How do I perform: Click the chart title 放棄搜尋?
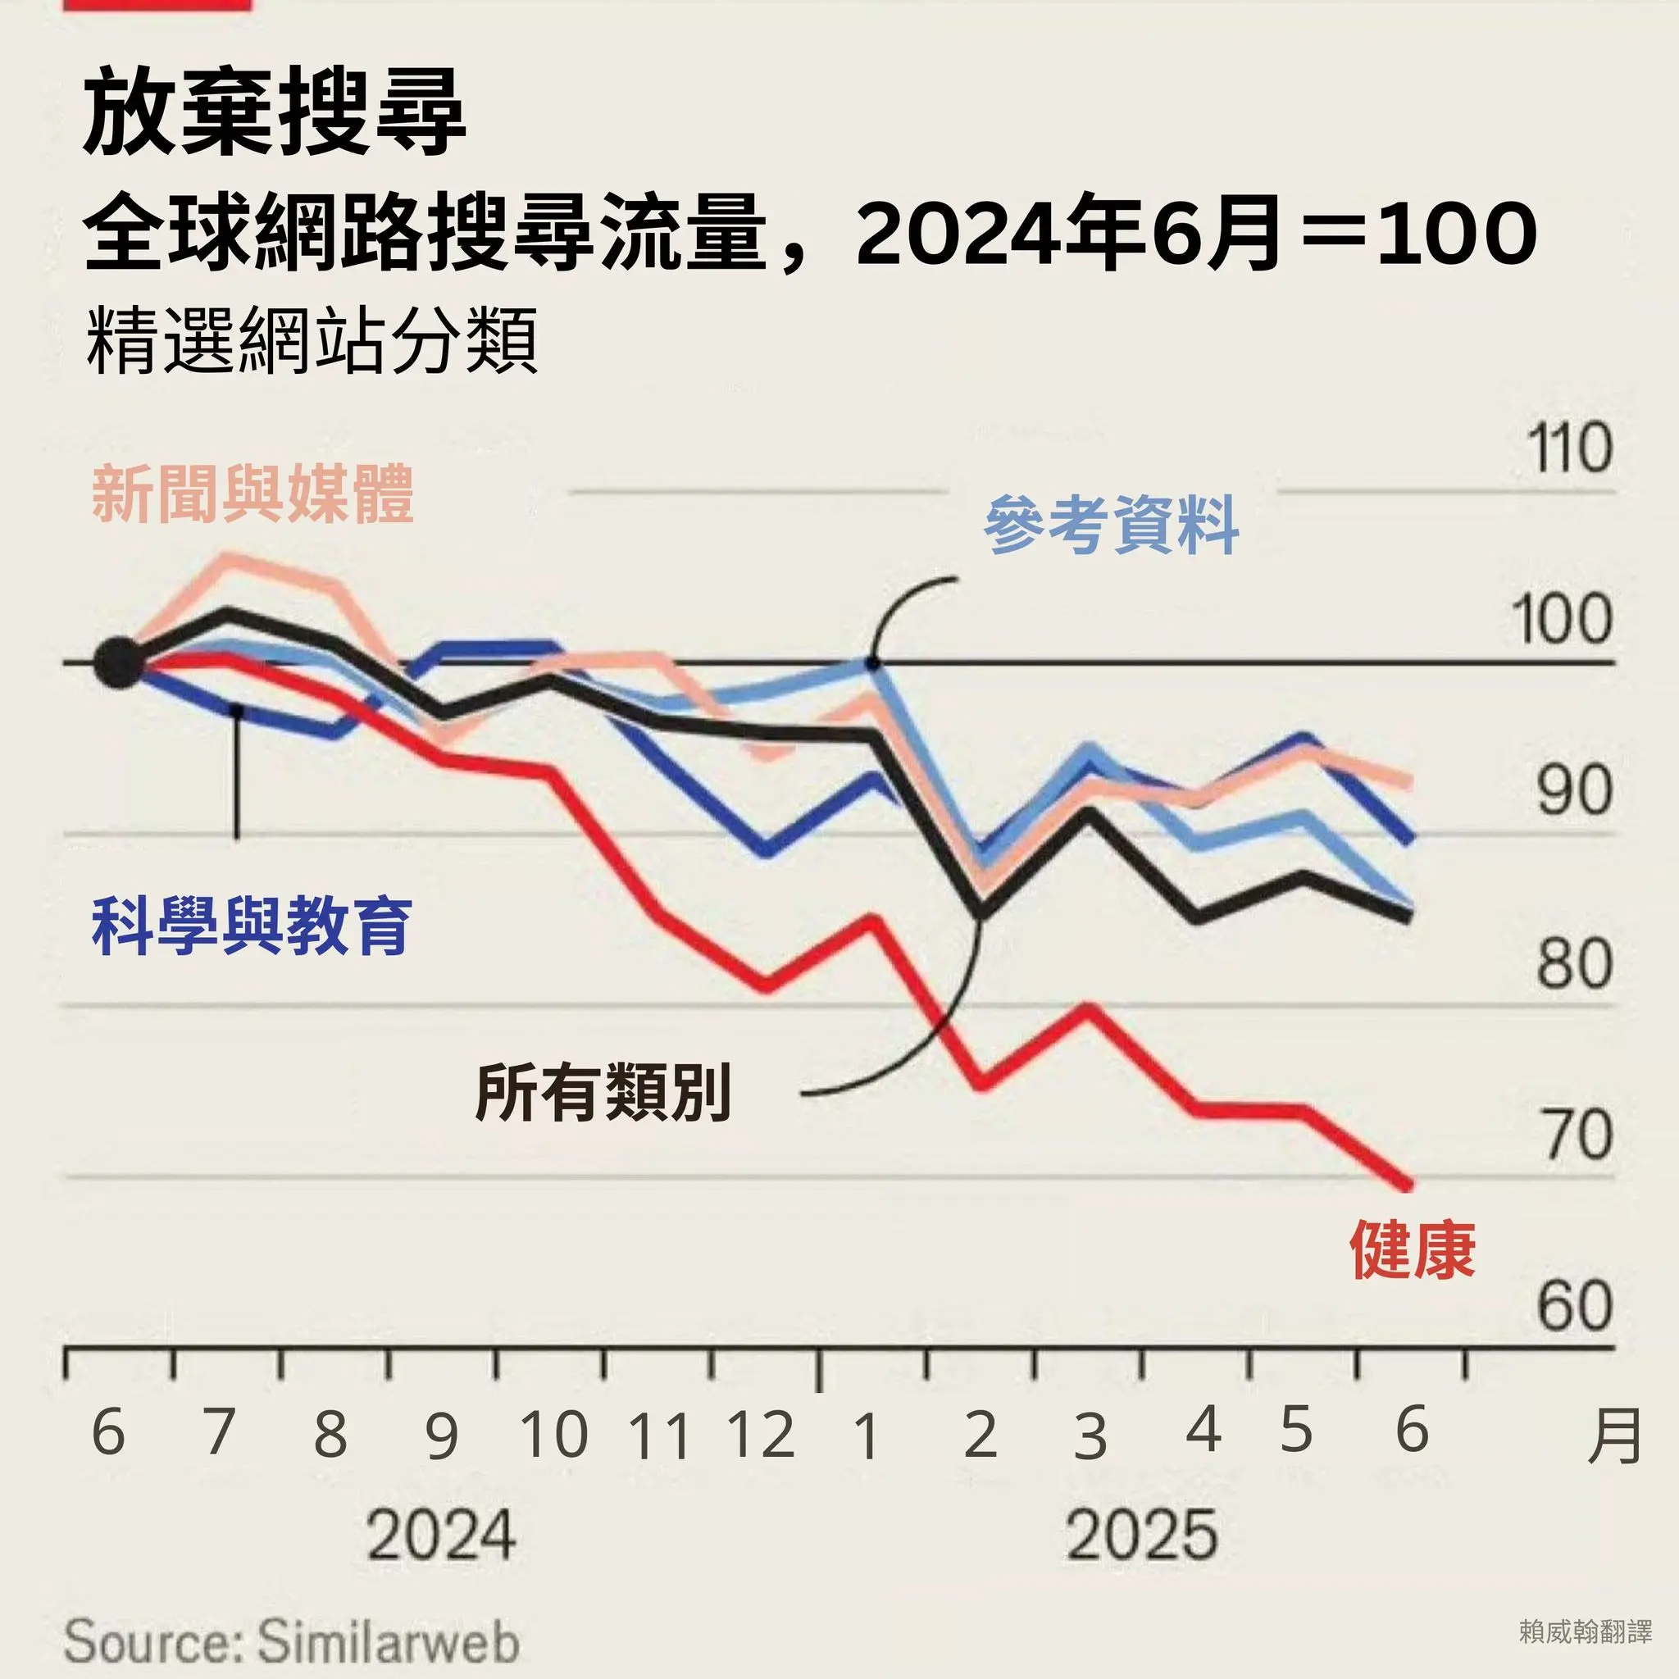coord(275,113)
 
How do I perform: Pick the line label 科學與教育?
coord(251,926)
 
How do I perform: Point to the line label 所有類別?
coord(603,1092)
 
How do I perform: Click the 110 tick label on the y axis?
coord(1569,448)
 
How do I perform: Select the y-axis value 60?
coord(1574,1306)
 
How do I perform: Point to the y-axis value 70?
coord(1577,1135)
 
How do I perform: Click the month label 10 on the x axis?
coord(553,1434)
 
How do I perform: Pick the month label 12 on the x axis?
coord(762,1434)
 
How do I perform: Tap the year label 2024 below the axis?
coord(440,1536)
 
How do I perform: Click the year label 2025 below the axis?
coord(1141,1536)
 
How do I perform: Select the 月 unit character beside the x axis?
coord(1613,1436)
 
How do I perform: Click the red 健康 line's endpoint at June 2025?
coord(1408,1183)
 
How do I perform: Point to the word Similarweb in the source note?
coord(389,1640)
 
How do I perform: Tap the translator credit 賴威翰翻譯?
coord(1586,1632)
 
